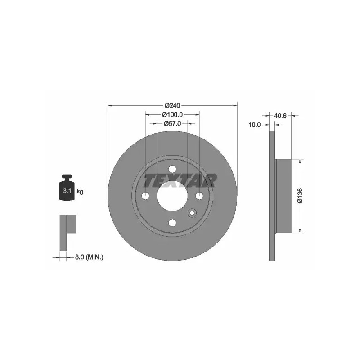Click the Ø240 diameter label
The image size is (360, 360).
pos(172,106)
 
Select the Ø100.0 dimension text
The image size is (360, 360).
pos(172,114)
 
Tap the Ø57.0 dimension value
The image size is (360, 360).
pos(172,124)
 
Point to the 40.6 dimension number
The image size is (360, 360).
pos(280,116)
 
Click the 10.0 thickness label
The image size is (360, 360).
pos(255,125)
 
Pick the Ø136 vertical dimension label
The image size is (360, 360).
pos(300,196)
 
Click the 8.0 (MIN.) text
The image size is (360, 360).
pos(89,257)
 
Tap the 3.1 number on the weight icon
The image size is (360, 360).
pos(67,190)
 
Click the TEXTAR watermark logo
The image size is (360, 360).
pos(180,180)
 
